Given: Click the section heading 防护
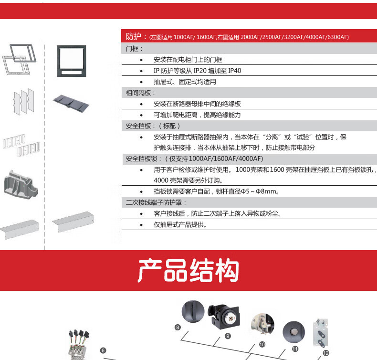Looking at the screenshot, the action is click(x=134, y=37).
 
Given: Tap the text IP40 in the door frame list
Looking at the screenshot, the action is click(x=234, y=71).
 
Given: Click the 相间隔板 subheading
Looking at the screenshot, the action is click(x=138, y=93).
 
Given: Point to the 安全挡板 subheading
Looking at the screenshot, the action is click(x=138, y=126).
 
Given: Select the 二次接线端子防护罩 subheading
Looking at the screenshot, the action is click(x=154, y=202).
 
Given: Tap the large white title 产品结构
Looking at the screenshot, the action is click(x=188, y=270).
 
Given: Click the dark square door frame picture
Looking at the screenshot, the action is click(x=72, y=61).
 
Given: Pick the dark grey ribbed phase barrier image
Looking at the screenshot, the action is click(x=71, y=104).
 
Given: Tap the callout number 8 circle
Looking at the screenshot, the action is click(x=178, y=328).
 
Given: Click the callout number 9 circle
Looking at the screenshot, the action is click(x=228, y=336).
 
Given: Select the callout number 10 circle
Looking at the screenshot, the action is click(x=262, y=344).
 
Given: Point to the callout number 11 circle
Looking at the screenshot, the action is click(x=295, y=349).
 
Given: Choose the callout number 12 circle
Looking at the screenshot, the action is click(x=326, y=353).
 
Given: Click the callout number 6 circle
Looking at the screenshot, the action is click(x=103, y=350).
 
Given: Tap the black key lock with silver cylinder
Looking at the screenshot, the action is click(x=224, y=317).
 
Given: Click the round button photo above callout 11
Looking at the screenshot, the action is click(x=294, y=332).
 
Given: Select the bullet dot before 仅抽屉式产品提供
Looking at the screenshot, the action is click(x=141, y=225).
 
